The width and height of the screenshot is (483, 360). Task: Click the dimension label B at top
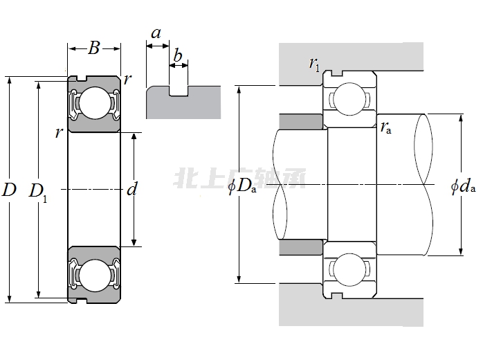(94, 48)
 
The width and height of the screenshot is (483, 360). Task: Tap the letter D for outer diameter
(9, 190)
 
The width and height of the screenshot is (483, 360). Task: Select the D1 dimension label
(38, 191)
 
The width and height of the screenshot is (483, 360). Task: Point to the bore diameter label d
(132, 189)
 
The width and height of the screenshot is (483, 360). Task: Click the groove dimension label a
(156, 33)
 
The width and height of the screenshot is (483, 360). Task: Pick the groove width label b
(178, 55)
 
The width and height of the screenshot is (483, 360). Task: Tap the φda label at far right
(462, 186)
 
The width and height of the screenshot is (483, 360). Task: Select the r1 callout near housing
(315, 64)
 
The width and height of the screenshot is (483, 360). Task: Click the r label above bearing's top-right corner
(127, 78)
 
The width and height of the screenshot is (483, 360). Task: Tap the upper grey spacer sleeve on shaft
(302, 121)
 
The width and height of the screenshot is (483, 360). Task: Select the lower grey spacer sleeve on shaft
(302, 248)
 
